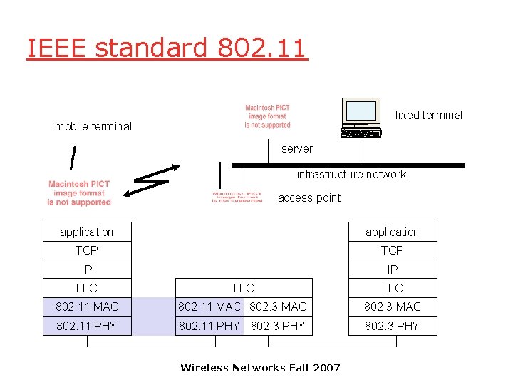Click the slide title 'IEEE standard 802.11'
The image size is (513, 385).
167,48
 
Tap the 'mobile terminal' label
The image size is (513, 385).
93,127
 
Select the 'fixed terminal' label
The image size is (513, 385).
428,115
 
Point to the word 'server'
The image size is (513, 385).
296,149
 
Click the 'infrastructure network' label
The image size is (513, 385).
351,175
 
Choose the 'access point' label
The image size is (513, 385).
309,198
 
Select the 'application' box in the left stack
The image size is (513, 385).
87,232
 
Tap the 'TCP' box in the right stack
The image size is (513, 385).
392,250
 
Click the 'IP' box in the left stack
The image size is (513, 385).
87,269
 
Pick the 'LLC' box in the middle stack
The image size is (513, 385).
244,288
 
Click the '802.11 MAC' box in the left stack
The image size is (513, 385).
87,307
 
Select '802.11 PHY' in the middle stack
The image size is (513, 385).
209,326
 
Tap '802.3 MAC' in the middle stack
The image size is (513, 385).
279,307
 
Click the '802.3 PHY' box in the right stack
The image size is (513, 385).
392,326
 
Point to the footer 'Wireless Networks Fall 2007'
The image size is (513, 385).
260,368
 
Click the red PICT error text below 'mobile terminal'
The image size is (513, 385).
79,193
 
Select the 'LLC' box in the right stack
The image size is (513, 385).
392,288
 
